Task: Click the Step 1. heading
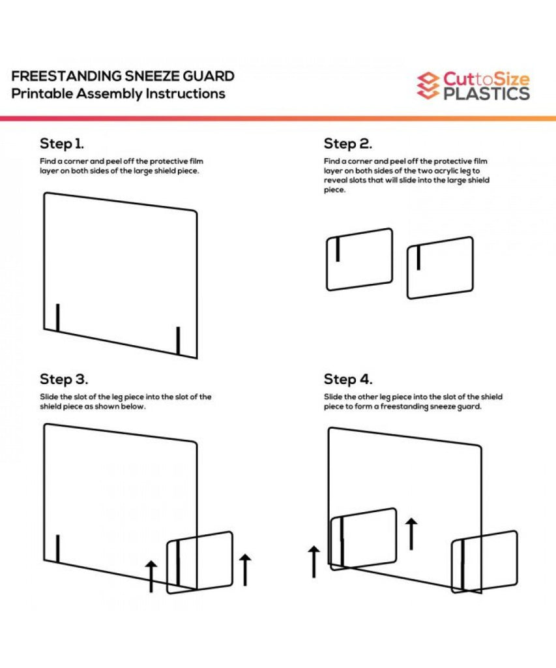[x=62, y=144]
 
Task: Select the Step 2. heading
[x=348, y=144]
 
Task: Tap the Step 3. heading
[x=64, y=379]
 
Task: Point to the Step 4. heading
[x=348, y=379]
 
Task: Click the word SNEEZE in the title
[x=152, y=76]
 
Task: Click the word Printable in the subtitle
[x=42, y=94]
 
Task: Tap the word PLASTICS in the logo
[x=487, y=94]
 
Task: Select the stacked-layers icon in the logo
[x=428, y=85]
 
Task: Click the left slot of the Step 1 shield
[x=57, y=318]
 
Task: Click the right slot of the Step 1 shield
[x=178, y=341]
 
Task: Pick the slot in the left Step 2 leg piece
[x=338, y=249]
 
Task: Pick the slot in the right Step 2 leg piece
[x=418, y=257]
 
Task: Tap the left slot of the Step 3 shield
[x=57, y=549]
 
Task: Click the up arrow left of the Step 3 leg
[x=151, y=577]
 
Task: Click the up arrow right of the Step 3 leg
[x=245, y=570]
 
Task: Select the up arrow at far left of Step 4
[x=314, y=562]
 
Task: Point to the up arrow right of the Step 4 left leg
[x=411, y=534]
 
